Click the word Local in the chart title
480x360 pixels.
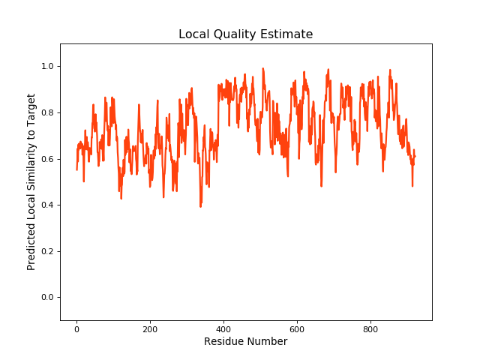[x=193, y=34]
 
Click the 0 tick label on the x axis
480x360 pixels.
[x=76, y=328]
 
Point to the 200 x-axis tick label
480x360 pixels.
[x=150, y=328]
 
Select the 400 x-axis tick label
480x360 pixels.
[x=223, y=328]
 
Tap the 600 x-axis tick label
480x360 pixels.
[x=297, y=328]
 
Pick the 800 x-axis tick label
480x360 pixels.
[x=370, y=328]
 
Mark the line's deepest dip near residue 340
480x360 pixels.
[x=200, y=206]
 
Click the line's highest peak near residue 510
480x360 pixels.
[x=263, y=69]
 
